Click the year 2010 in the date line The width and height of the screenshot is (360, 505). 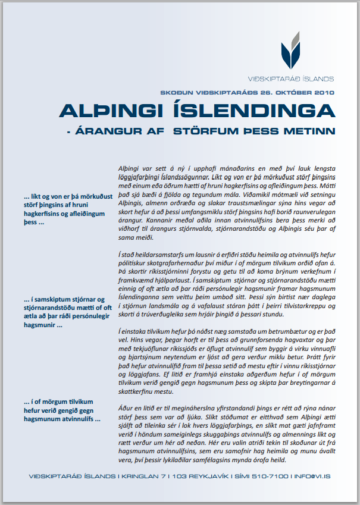click(324, 93)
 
